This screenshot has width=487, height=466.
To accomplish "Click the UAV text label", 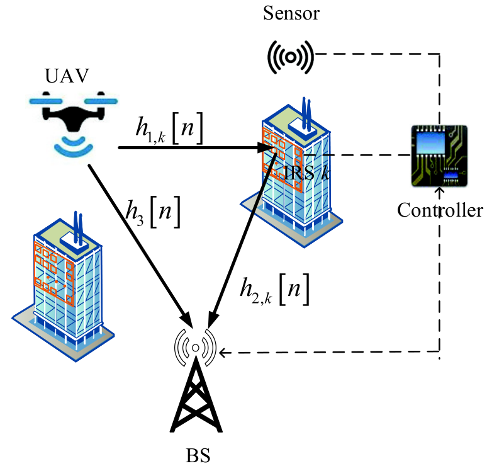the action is click(67, 76).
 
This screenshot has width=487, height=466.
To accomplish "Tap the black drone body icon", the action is click(73, 115).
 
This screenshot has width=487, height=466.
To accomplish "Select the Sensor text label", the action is click(291, 13).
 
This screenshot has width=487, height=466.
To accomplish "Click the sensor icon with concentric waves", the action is click(291, 57).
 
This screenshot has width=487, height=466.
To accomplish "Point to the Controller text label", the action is click(440, 210).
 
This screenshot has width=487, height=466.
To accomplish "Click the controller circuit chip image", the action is click(439, 156).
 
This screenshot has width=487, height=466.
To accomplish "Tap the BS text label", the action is click(198, 455).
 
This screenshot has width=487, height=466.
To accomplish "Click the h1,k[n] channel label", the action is click(170, 128).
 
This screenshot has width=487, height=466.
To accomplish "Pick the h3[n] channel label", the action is click(153, 212).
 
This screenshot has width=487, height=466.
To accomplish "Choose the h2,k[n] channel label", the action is click(274, 290).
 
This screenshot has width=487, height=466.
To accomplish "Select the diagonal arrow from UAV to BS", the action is click(141, 246).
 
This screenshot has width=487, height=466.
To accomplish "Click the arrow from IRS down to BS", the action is click(242, 241).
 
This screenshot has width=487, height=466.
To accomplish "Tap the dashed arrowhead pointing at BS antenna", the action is click(223, 353).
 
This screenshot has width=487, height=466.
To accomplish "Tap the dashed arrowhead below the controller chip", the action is click(439, 190).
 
